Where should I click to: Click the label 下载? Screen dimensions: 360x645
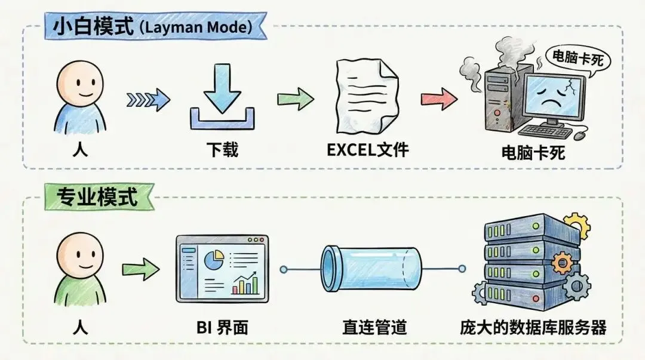click(222, 149)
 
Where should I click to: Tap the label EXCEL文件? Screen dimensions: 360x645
click(368, 149)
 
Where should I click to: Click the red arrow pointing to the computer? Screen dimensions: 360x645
click(439, 99)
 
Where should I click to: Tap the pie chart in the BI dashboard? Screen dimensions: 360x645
click(213, 260)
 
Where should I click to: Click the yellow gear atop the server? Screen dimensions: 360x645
click(576, 226)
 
